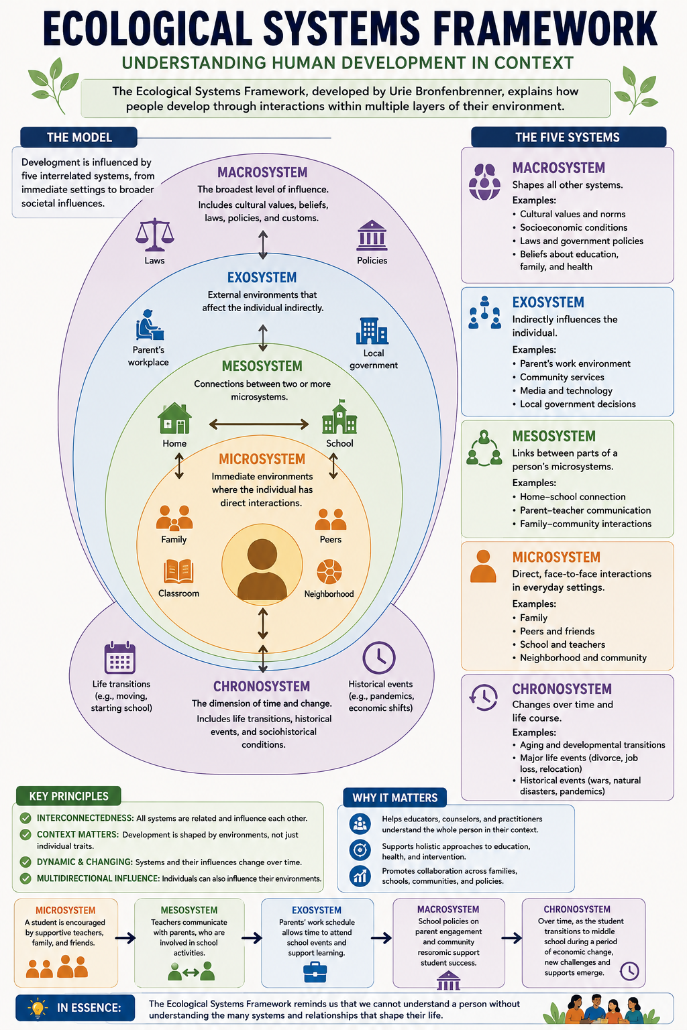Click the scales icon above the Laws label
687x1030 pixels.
[x=154, y=235]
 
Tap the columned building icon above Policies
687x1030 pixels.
[x=372, y=235]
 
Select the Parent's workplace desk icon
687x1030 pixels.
[x=149, y=325]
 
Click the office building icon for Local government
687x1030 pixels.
[x=372, y=331]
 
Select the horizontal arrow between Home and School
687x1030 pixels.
[x=259, y=424]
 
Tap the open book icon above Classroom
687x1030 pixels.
[x=178, y=571]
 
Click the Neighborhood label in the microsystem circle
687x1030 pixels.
[x=329, y=594]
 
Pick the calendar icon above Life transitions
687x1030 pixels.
[x=119, y=658]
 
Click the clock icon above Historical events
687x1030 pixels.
[x=378, y=658]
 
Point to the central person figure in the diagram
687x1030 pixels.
[x=262, y=570]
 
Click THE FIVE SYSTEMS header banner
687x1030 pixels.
[x=568, y=137]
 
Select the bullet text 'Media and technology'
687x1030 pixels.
[x=566, y=390]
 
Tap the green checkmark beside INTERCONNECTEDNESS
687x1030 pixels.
[x=25, y=818]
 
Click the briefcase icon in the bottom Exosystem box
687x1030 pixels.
[x=315, y=972]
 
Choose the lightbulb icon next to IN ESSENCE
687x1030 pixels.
[x=38, y=1009]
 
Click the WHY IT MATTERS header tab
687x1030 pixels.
[x=394, y=797]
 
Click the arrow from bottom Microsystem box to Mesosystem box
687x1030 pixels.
[x=125, y=938]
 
